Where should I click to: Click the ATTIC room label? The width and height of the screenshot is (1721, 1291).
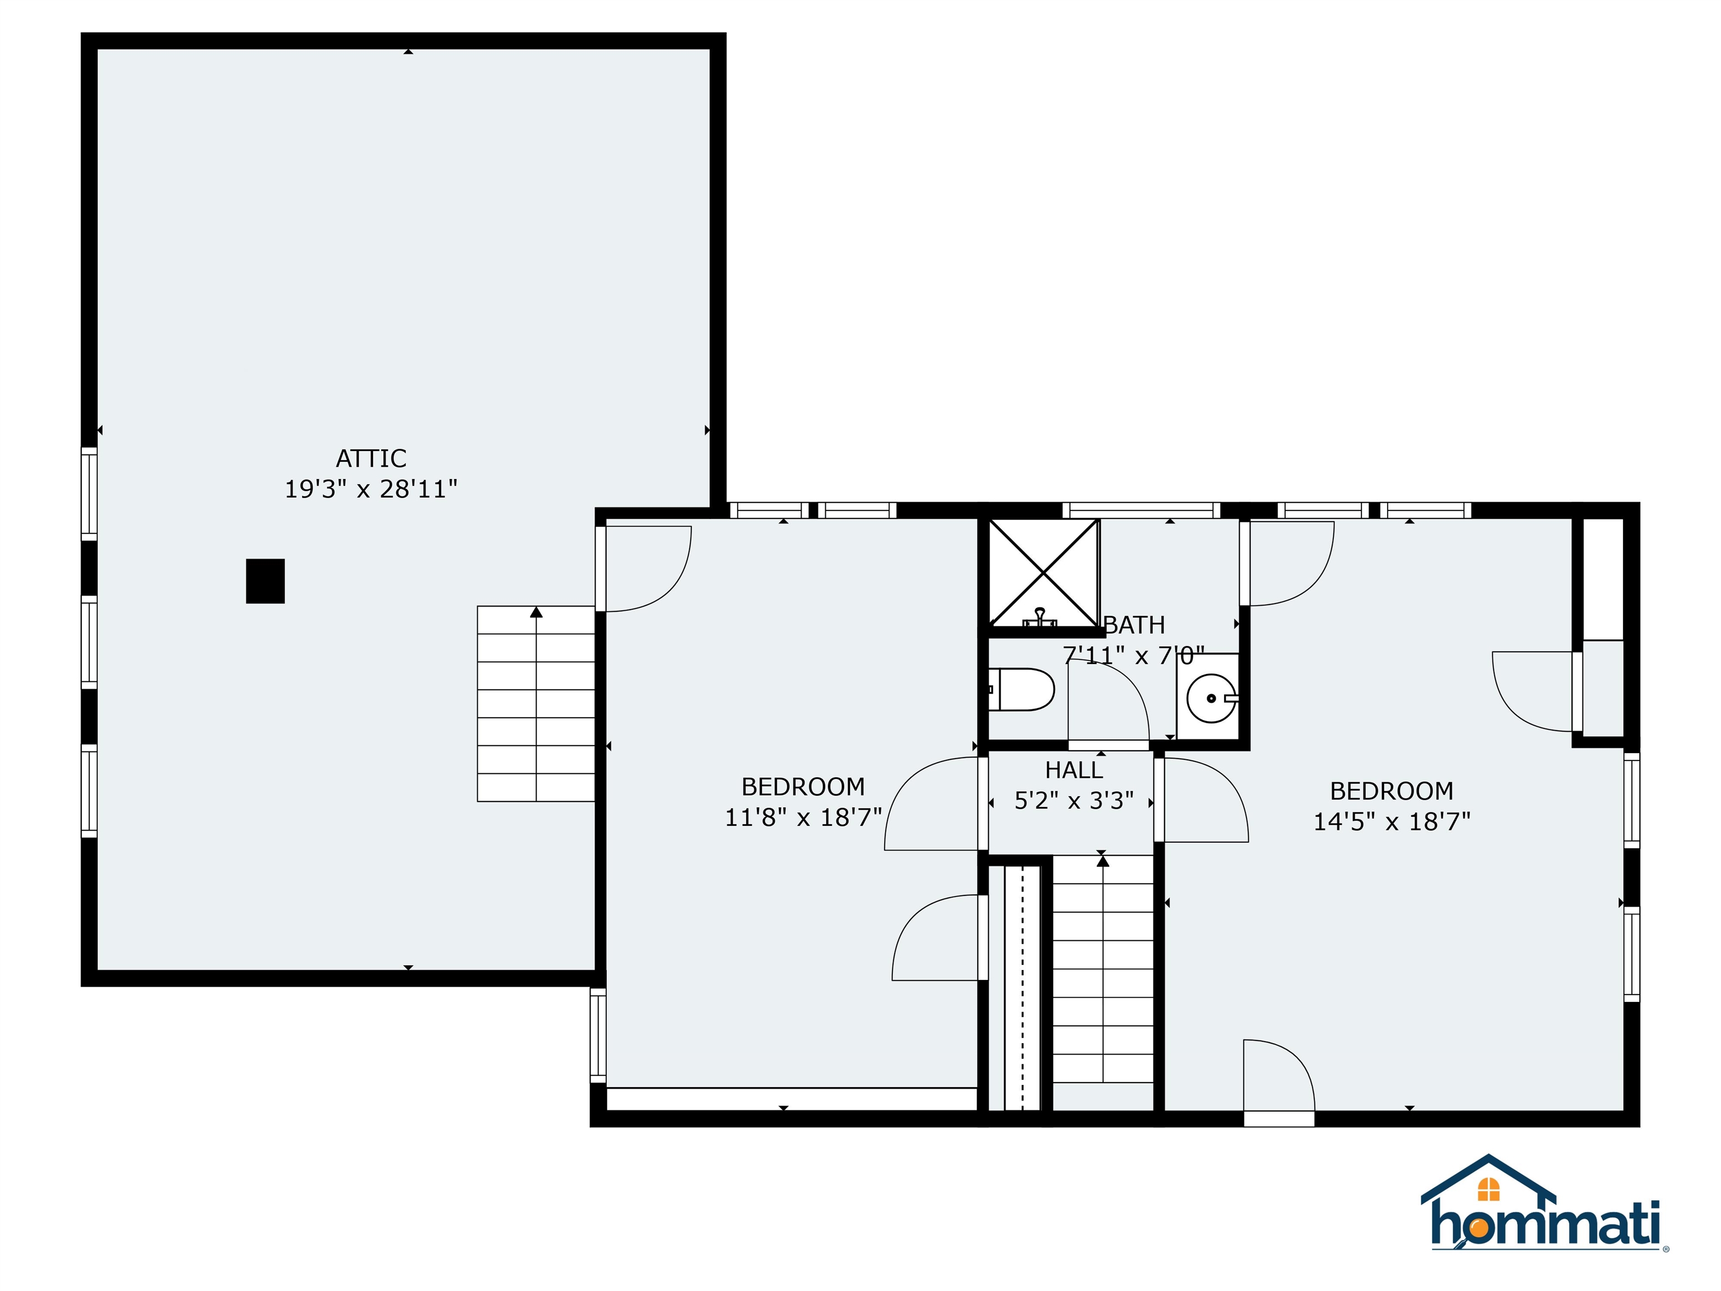[371, 458]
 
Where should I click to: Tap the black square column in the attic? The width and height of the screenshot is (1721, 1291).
[266, 581]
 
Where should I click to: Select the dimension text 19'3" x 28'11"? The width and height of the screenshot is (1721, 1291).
[370, 490]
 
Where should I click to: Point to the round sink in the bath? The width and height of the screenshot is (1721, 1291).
[1211, 698]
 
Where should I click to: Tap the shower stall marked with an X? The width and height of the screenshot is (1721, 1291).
[1043, 573]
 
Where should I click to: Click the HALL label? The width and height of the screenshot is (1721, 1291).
[1074, 770]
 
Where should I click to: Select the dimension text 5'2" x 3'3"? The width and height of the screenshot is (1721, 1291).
[1074, 801]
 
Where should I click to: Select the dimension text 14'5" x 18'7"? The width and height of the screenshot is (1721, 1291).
[1392, 822]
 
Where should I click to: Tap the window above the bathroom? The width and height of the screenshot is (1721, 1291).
[1141, 510]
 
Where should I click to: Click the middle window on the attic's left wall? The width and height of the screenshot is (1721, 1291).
[90, 642]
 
